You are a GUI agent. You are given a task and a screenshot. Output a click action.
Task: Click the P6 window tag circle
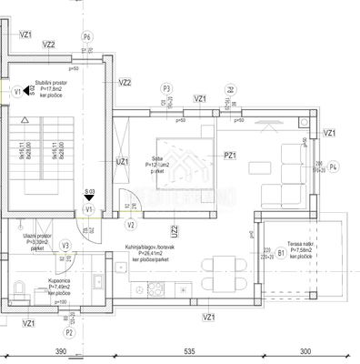click(87, 36)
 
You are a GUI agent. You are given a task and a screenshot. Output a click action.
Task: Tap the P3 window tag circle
click(166, 88)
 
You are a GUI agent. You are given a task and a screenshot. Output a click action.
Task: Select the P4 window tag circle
click(334, 167)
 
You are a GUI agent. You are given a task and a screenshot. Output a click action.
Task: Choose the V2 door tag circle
click(132, 225)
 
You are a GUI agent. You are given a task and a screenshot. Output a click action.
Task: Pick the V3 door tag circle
click(65, 245)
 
